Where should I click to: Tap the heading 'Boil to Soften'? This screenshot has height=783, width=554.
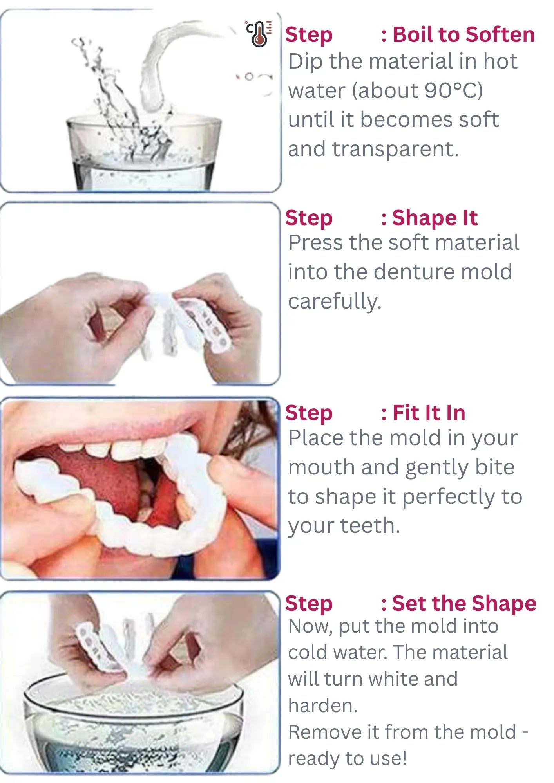(x=463, y=34)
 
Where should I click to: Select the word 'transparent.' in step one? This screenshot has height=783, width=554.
(x=395, y=149)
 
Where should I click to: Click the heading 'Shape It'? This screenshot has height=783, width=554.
(x=435, y=218)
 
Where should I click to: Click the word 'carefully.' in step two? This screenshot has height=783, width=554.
(x=335, y=301)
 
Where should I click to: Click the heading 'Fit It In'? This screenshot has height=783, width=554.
(x=429, y=413)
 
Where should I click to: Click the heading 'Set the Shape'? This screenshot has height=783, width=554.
(x=464, y=603)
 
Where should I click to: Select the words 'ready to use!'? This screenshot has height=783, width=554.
(x=347, y=758)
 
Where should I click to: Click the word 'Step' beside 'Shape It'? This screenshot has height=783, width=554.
(x=309, y=218)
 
